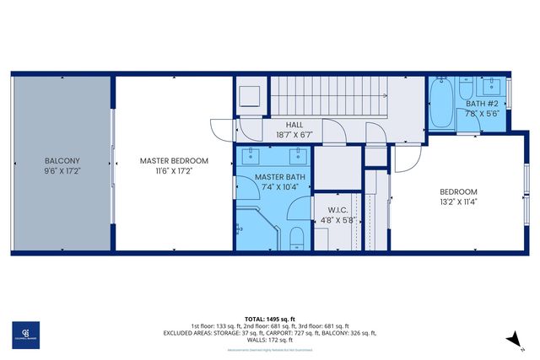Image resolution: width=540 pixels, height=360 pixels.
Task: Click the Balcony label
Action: (x=62, y=160)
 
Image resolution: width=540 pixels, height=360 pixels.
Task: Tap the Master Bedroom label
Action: (x=174, y=160)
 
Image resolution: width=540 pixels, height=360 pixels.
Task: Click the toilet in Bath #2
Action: (x=467, y=89)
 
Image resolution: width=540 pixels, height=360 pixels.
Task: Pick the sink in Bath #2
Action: (x=492, y=88)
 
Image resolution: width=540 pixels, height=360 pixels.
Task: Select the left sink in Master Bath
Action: (x=251, y=156)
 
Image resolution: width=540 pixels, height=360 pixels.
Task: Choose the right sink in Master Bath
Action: (x=295, y=156)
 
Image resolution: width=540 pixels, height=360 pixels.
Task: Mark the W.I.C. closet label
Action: (x=327, y=211)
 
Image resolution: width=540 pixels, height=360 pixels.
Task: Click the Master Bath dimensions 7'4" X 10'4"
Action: (x=274, y=187)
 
